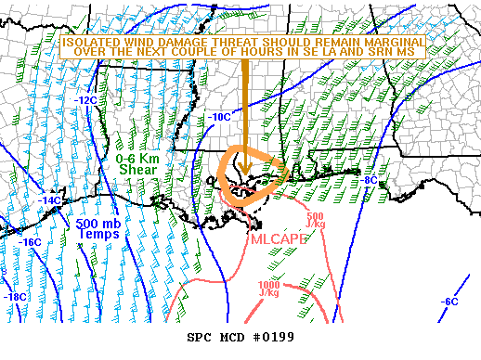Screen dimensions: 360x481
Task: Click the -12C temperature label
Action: [86, 100]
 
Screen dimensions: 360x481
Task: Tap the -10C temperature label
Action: [219, 117]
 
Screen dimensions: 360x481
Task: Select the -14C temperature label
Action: [50, 200]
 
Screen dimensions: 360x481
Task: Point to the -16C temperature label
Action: [30, 242]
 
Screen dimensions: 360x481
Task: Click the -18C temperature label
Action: [15, 297]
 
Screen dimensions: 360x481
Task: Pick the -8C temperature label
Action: [369, 180]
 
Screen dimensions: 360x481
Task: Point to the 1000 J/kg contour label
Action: [268, 288]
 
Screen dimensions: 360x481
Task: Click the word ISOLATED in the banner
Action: [87, 42]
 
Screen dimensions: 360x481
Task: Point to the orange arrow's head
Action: [244, 172]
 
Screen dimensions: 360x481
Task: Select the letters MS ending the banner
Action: [414, 53]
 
